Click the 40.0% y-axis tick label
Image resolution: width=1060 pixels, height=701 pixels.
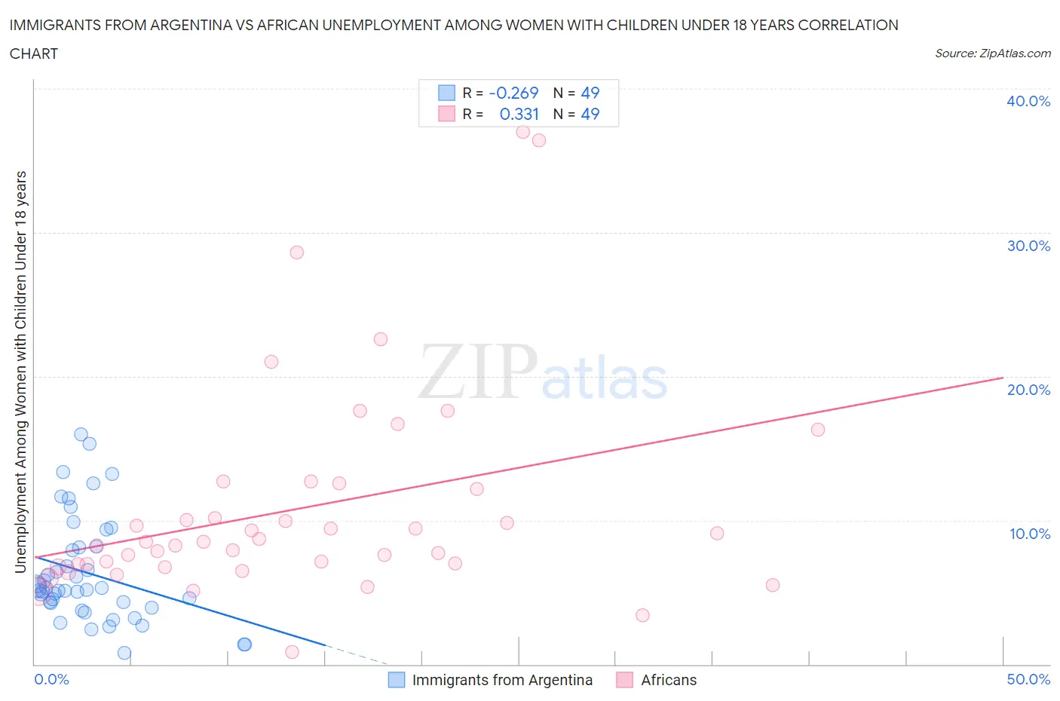tap(1028, 101)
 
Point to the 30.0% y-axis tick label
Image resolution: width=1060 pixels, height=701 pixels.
tap(1028, 246)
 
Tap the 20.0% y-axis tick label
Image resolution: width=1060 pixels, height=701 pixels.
tap(1028, 390)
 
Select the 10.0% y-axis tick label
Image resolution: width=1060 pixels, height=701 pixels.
tap(1029, 534)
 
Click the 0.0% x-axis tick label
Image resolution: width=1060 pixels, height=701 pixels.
tap(51, 679)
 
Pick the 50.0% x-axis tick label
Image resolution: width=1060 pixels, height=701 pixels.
tap(1028, 679)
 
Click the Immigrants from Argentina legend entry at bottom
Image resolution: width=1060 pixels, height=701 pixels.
tap(501, 680)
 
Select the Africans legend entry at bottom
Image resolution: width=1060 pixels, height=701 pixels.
tap(668, 680)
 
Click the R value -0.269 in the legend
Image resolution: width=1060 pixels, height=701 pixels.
tap(513, 93)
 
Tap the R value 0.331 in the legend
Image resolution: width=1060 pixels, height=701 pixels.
tap(519, 114)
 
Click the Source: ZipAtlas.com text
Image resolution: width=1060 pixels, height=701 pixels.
tap(992, 53)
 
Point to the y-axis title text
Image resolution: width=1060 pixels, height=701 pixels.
tap(21, 372)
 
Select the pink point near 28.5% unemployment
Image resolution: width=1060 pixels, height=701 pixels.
tap(296, 253)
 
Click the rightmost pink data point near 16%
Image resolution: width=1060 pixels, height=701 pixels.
tap(817, 430)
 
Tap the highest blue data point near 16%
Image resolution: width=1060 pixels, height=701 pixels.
tap(81, 434)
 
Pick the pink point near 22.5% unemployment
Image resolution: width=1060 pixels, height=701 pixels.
tap(381, 339)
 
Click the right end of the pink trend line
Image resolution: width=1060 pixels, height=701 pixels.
tap(1002, 377)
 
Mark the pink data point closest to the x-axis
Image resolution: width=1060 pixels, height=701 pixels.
tap(292, 652)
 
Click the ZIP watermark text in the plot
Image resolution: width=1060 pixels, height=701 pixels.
tap(477, 372)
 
